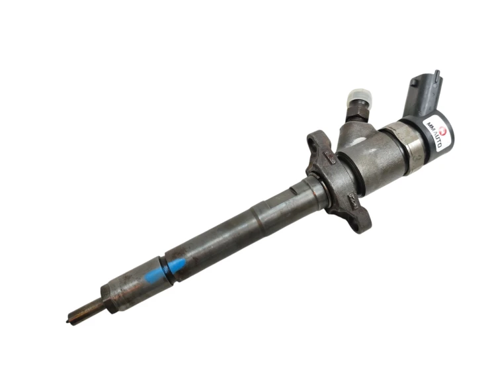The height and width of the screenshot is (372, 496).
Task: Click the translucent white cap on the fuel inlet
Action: pos(359,96)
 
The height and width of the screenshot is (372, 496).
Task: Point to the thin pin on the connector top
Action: pos(437,77)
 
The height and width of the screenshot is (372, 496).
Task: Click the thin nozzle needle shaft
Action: pos(85,311)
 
